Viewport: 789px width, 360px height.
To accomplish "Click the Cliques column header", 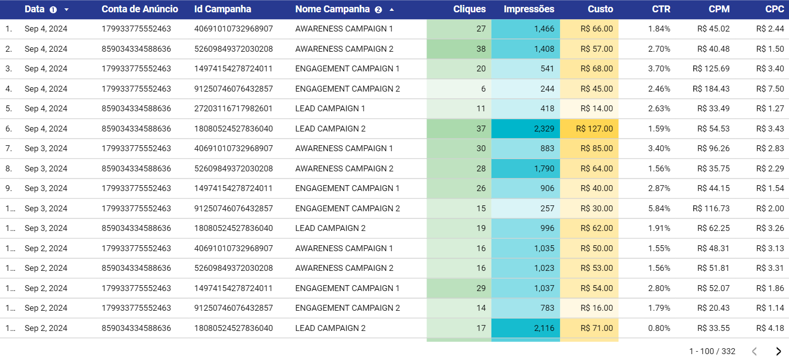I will (469, 9).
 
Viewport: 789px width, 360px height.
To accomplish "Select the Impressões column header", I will (528, 9).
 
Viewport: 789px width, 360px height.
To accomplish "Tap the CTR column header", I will (660, 9).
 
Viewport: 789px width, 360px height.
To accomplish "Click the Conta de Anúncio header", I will (139, 9).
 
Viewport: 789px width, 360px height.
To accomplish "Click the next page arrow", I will (778, 351).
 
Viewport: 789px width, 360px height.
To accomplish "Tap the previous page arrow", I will (754, 351).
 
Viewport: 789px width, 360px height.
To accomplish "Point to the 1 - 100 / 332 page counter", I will (712, 351).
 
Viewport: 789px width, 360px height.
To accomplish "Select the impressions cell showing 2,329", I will (544, 129).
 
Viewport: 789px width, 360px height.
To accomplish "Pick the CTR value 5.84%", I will (659, 208).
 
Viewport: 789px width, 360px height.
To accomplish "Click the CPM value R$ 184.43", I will (711, 89).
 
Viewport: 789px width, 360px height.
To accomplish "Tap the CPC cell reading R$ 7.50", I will (770, 89).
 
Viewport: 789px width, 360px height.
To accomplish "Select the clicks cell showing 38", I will (481, 49).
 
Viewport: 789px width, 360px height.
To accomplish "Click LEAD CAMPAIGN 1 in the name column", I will (330, 108).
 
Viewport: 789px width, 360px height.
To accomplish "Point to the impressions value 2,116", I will (544, 328).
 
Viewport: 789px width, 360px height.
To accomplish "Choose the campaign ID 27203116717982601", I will (233, 108).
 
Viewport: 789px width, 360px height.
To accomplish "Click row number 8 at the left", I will (8, 168).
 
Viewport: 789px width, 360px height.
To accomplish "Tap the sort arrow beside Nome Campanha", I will (392, 9).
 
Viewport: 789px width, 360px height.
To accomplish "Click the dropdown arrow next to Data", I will (66, 9).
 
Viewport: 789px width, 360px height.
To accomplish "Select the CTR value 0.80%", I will (659, 328).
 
